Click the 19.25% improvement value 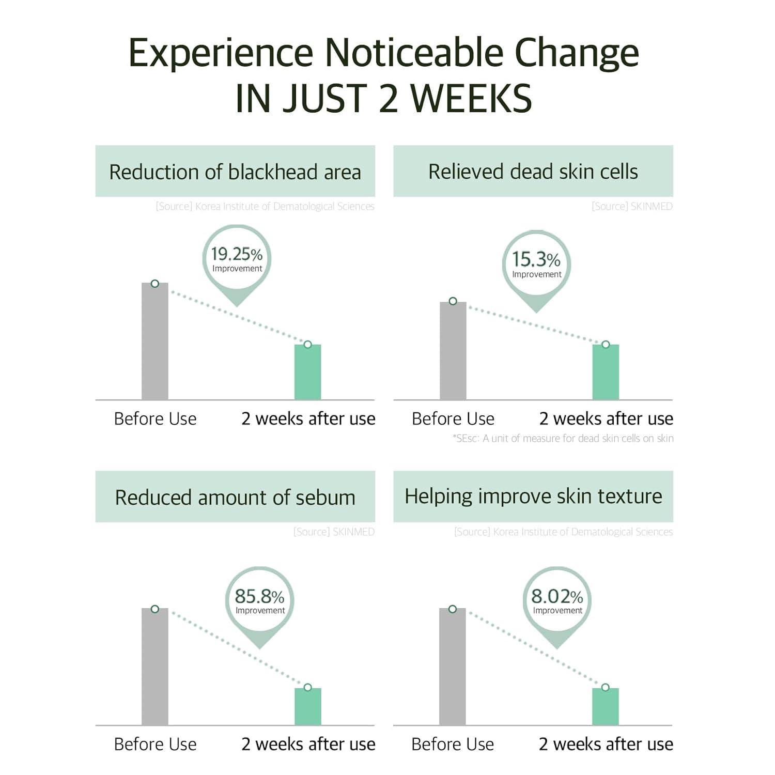[x=237, y=254]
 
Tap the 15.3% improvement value [x=536, y=259]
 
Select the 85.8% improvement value [x=259, y=597]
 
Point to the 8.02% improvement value [x=557, y=597]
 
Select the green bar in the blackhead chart [x=308, y=372]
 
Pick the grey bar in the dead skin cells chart [x=453, y=351]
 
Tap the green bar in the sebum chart [x=308, y=706]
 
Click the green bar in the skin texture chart [x=606, y=706]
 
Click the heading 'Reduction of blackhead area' [x=235, y=172]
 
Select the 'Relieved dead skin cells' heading [x=533, y=172]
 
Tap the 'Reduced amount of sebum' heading [x=235, y=498]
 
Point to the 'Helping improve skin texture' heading [x=533, y=497]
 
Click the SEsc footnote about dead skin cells [x=563, y=439]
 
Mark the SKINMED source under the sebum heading [x=334, y=532]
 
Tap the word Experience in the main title [x=221, y=53]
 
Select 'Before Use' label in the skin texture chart [x=453, y=744]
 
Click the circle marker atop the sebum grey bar [x=155, y=609]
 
